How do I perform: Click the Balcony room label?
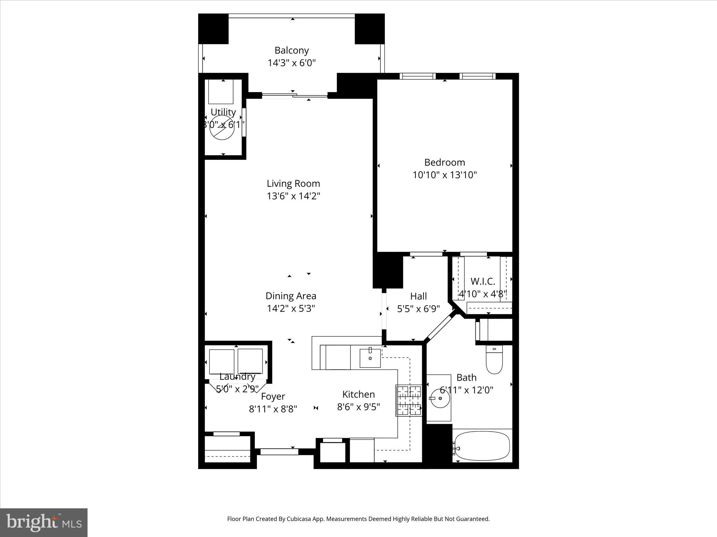coord(291,50)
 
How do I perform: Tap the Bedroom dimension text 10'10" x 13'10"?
coord(444,175)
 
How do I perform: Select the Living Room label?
coord(293,184)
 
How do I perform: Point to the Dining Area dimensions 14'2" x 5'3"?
coord(291,308)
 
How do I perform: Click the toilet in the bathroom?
coord(494,360)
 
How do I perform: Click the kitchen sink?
coord(370,358)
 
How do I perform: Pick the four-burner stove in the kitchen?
coord(409,401)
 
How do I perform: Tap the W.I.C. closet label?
coord(482,281)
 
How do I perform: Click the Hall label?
coord(418,296)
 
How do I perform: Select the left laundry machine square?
coord(222,361)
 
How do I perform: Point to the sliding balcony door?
coord(295,95)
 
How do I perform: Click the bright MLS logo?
coord(44,522)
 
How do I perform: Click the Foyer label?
coord(273,396)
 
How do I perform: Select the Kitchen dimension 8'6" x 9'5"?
coord(358,407)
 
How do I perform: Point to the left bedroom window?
coord(417,76)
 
